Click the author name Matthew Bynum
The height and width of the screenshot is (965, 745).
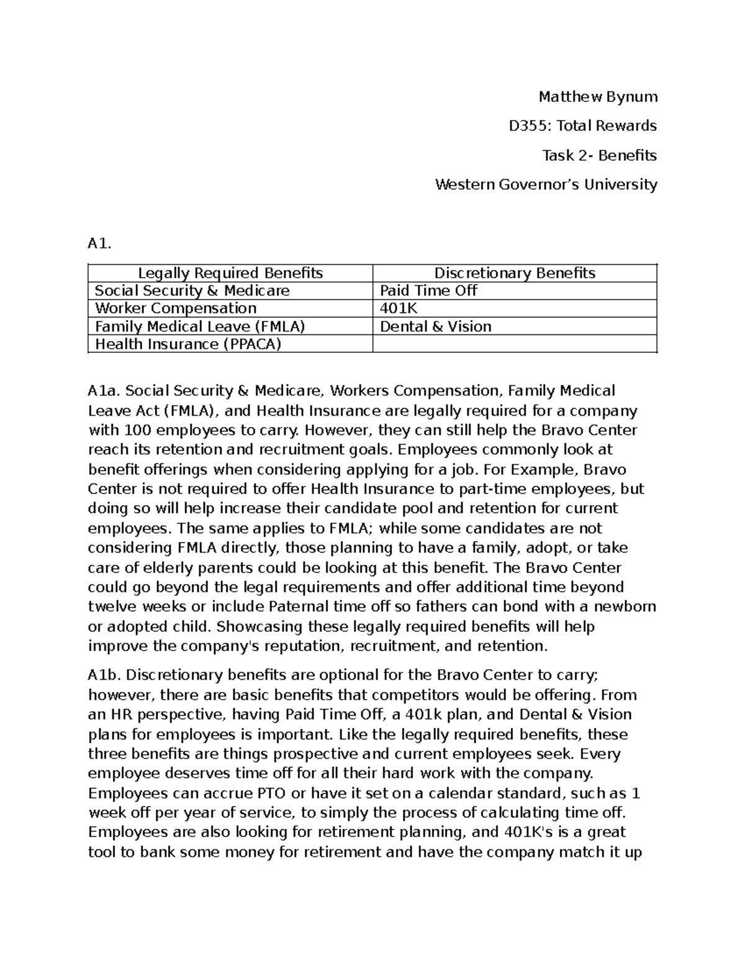point(597,96)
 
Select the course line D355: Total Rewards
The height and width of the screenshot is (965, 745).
point(582,126)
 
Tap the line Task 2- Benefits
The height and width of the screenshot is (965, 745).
point(599,155)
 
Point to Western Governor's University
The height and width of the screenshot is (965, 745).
point(546,185)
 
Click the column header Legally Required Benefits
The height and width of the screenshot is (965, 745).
point(230,273)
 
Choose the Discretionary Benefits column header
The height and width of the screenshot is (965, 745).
point(514,273)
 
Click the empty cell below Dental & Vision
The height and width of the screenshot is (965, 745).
point(514,344)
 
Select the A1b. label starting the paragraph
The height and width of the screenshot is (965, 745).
point(105,675)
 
